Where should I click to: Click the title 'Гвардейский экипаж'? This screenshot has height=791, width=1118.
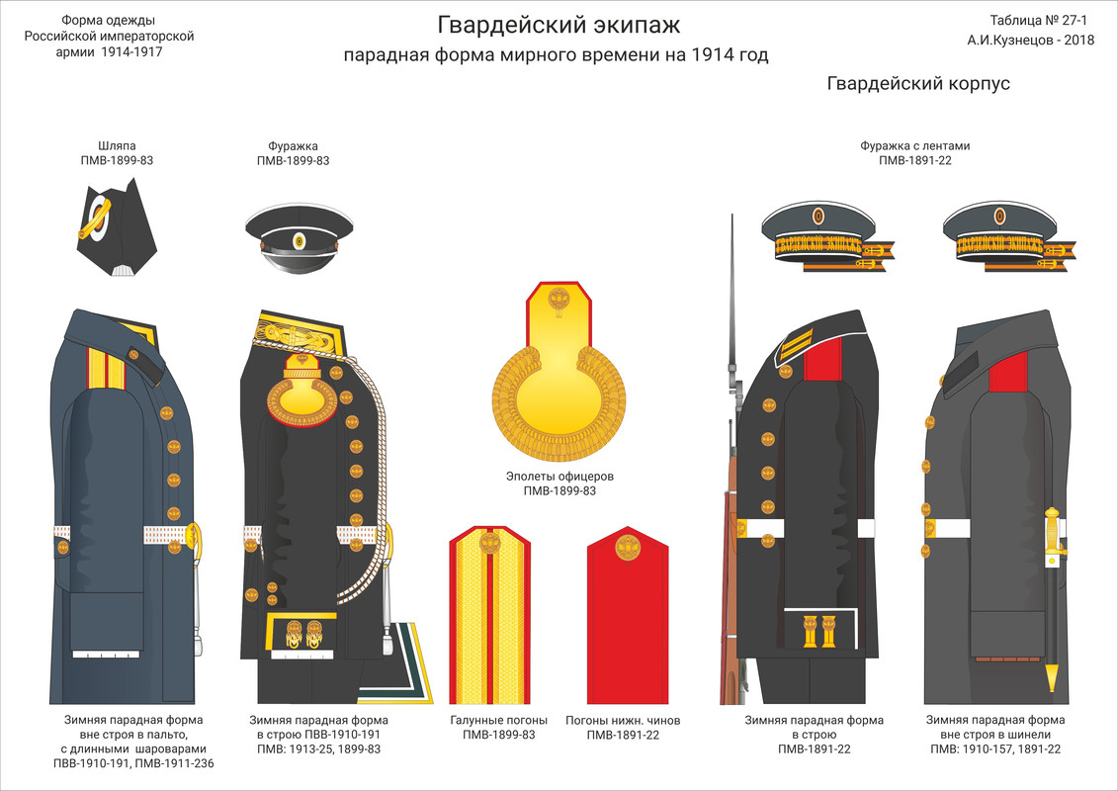(x=559, y=24)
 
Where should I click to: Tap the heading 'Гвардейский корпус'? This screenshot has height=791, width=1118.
(x=918, y=84)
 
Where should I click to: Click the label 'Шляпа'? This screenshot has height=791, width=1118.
(x=117, y=145)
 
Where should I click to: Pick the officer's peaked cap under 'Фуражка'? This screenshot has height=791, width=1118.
(x=293, y=238)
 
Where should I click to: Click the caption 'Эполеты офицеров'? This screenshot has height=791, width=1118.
(x=559, y=476)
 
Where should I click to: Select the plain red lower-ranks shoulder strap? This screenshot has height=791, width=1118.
(x=630, y=612)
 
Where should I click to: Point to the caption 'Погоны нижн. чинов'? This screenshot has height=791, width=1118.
(x=623, y=720)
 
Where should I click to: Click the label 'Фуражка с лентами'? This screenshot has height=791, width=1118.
(x=914, y=145)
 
